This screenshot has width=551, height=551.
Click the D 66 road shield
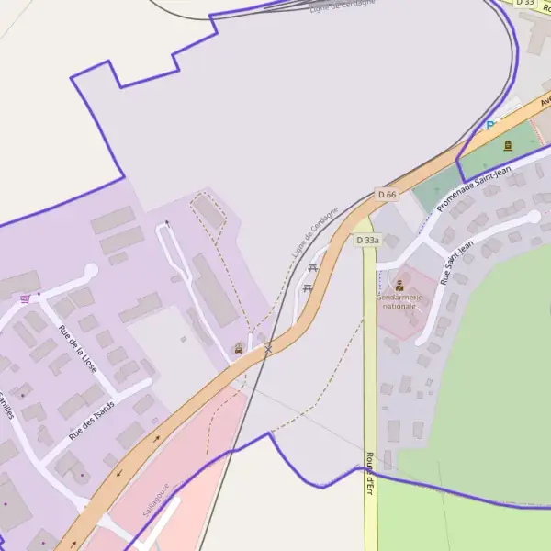click(x=388, y=195)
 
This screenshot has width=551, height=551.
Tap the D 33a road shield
click(x=367, y=240)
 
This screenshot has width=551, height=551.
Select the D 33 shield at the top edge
click(x=525, y=3)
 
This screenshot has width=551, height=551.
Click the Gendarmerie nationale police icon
click(x=399, y=286)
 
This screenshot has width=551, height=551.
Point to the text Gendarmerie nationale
click(x=399, y=301)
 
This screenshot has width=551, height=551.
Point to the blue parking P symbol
click(x=490, y=125)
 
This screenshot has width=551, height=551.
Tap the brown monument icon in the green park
click(x=507, y=145)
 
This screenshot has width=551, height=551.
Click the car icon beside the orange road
click(x=239, y=348)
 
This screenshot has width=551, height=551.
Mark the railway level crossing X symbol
click(x=268, y=348)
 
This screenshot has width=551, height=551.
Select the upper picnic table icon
click(x=313, y=268)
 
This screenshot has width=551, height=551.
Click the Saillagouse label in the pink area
click(x=157, y=500)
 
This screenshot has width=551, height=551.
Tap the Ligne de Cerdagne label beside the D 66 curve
click(x=315, y=231)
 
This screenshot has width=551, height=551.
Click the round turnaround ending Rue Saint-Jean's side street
click(x=534, y=217)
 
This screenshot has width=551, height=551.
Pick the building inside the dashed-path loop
click(x=210, y=213)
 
